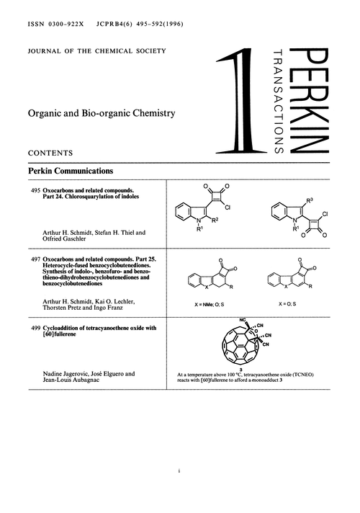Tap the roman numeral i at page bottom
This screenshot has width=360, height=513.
tap(179, 472)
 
